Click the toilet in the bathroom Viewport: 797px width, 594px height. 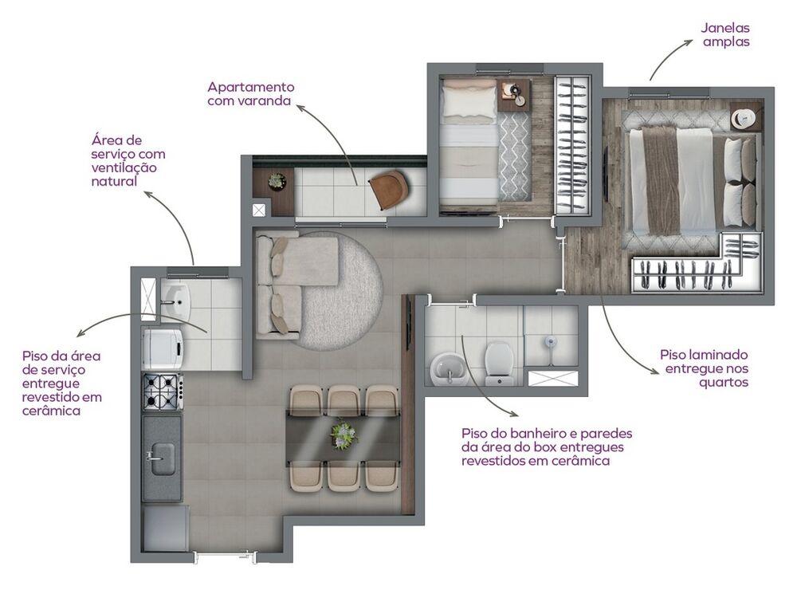(x=498, y=360)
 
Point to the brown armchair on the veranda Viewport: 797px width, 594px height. (x=389, y=187)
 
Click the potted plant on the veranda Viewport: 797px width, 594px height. (x=277, y=182)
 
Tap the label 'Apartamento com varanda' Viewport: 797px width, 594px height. (x=250, y=94)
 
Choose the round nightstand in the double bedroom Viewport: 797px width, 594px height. (x=744, y=117)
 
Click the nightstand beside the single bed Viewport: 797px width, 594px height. (x=514, y=94)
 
